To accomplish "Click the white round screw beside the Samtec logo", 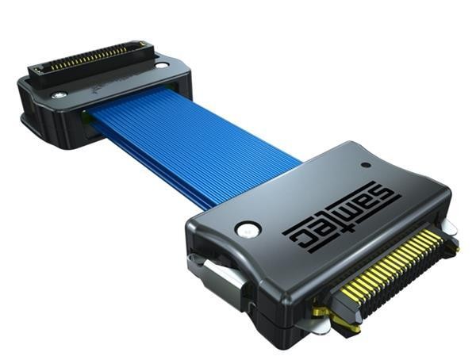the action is pyautogui.click(x=248, y=229).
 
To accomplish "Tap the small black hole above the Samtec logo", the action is pyautogui.click(x=366, y=165).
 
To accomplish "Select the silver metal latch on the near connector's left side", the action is pyautogui.click(x=220, y=281).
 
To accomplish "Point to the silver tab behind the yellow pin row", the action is pyautogui.click(x=447, y=227).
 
